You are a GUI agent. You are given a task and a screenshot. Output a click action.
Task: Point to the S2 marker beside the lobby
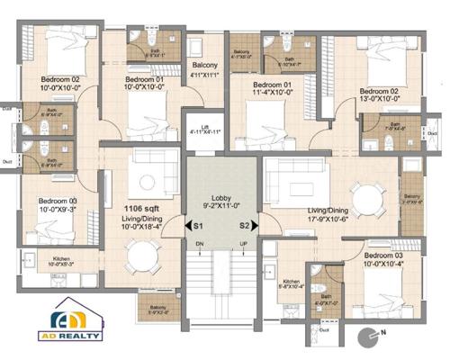click(x=244, y=228)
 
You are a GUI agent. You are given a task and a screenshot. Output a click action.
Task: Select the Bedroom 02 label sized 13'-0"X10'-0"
click(x=378, y=95)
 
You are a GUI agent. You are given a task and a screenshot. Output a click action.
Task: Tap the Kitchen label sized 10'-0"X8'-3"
click(x=61, y=262)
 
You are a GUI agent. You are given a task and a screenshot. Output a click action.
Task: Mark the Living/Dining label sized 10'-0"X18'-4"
click(x=142, y=221)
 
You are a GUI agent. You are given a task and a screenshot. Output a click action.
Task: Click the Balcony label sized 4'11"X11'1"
click(x=205, y=71)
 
